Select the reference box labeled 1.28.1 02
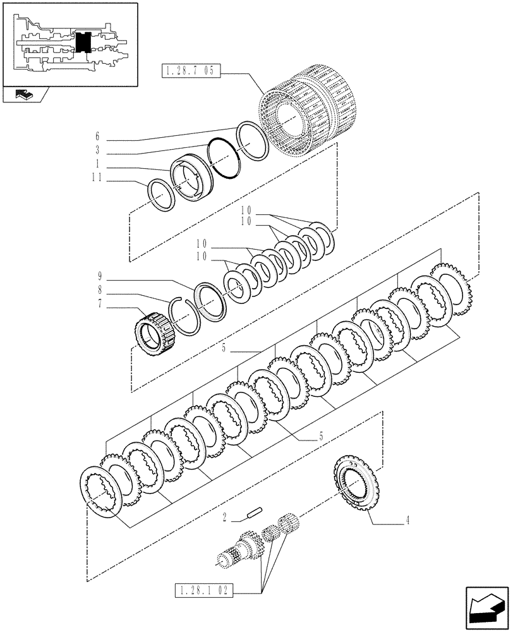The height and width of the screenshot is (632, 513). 203,592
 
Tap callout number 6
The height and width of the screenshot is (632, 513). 97,137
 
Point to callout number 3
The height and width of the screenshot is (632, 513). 97,151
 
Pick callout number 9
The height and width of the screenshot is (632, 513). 99,276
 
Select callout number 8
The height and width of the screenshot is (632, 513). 99,291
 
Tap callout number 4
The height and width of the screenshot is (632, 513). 408,521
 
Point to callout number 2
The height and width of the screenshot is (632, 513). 226,518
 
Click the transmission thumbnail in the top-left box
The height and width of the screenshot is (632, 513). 69,44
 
